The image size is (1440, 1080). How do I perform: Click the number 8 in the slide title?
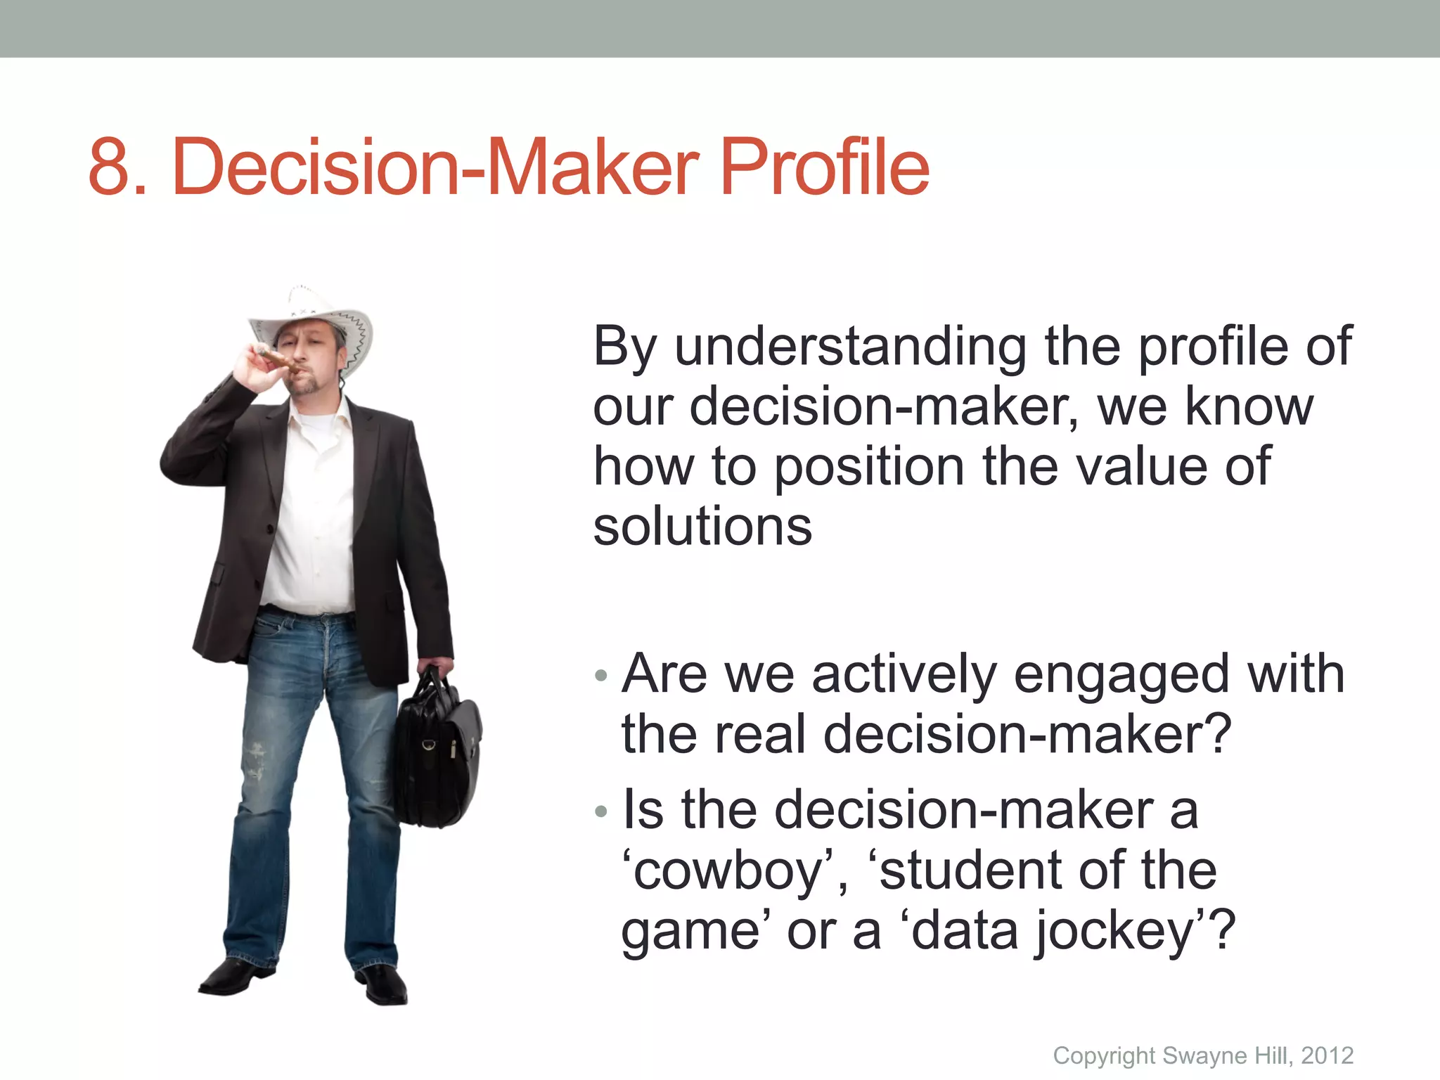click(x=112, y=167)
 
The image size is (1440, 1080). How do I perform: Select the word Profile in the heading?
click(x=824, y=167)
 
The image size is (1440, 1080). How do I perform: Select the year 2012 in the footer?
click(x=1327, y=1055)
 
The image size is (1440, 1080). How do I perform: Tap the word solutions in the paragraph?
click(x=702, y=527)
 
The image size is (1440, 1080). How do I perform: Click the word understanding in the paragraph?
click(x=851, y=347)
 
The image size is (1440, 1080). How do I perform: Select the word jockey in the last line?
click(x=1114, y=932)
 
